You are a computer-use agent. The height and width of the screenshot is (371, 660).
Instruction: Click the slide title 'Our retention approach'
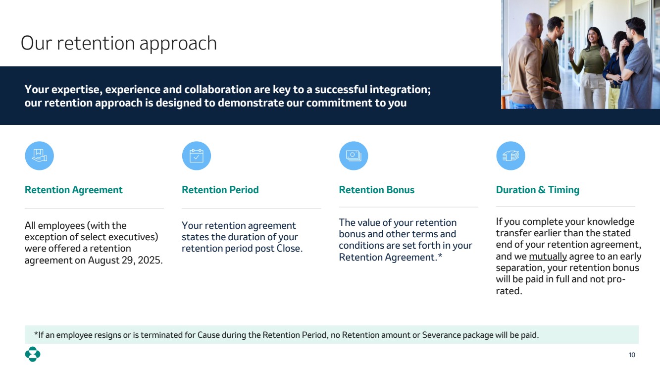119,43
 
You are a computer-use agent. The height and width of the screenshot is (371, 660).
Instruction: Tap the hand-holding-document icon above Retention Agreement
40,156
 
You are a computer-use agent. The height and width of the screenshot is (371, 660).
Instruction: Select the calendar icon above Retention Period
197,156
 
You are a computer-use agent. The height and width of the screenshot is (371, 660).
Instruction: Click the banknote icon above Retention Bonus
354,156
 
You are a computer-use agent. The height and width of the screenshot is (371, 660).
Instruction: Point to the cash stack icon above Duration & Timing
510,156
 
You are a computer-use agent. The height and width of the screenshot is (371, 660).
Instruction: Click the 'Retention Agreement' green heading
74,190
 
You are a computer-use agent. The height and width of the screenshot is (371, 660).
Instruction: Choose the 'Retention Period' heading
220,190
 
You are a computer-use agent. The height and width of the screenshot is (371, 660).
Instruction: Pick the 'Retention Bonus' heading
377,190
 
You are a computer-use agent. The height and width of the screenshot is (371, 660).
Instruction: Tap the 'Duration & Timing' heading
538,190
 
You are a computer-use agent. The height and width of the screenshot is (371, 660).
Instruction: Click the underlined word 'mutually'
548,257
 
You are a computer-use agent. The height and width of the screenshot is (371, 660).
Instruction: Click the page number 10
632,355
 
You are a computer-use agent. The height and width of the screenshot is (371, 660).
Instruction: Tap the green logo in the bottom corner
33,354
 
